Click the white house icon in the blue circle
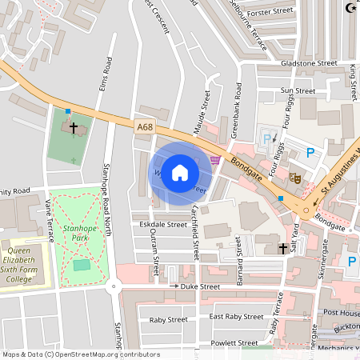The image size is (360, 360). tap(180, 173)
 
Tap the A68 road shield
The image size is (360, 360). tap(144, 126)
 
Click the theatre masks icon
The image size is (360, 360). tap(294, 178)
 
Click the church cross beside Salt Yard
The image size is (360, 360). tap(282, 249)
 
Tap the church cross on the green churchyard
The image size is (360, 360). tap(74, 127)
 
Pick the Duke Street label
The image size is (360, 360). tap(199, 286)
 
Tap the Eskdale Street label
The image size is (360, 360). tap(160, 225)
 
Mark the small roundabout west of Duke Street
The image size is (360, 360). tap(113, 286)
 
